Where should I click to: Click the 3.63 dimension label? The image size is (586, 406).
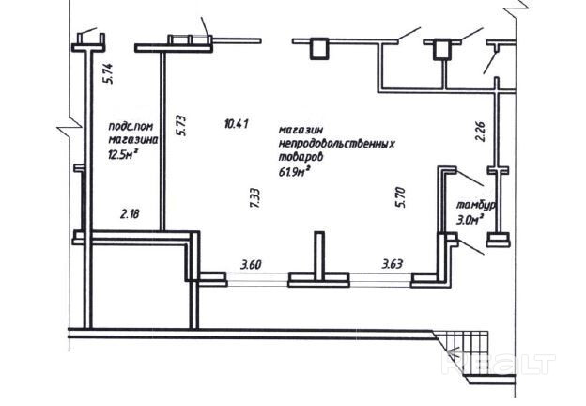point(392,266)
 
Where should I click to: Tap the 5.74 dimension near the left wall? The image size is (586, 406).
point(108,72)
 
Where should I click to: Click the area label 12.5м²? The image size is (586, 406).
point(122,155)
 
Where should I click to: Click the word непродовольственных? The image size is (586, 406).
point(334,144)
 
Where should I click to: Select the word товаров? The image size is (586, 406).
point(301,158)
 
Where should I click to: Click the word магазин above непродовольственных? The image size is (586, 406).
point(302,130)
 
